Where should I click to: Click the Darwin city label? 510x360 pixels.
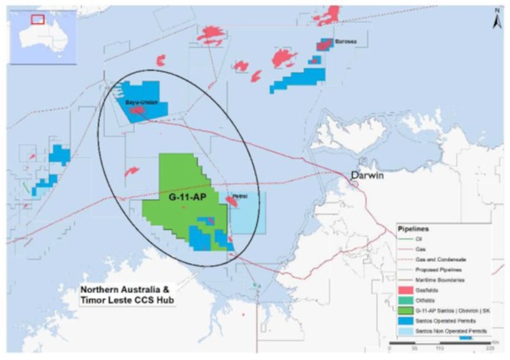pyautogui.click(x=367, y=175)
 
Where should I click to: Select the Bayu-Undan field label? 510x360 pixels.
pyautogui.click(x=139, y=103)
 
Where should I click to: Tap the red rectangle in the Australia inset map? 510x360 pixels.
pyautogui.click(x=38, y=19)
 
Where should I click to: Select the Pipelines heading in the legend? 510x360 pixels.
pyautogui.click(x=413, y=229)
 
